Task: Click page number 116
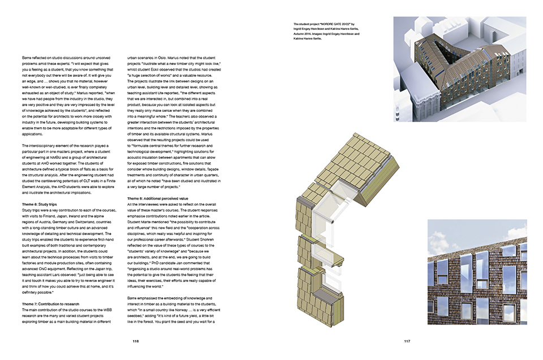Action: [135, 341]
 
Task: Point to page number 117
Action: [407, 341]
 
